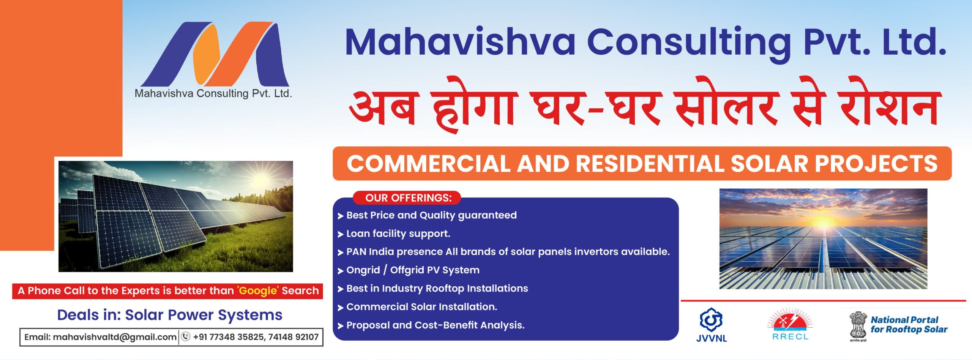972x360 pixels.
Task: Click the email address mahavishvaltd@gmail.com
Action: tap(114, 337)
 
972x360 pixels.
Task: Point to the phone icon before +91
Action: tap(186, 337)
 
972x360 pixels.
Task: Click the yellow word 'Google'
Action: tap(258, 291)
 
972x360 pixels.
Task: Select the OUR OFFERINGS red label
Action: tap(408, 198)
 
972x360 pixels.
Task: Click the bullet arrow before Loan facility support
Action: tap(340, 234)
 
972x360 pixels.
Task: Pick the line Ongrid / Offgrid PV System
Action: tap(413, 270)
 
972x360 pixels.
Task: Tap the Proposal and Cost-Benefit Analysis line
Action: tap(435, 325)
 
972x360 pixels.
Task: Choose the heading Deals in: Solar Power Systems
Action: tap(169, 315)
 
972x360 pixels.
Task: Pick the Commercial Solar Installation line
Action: tap(421, 307)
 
